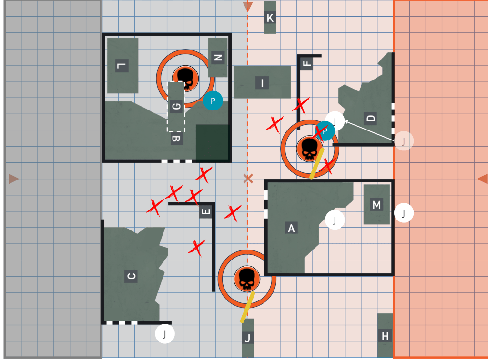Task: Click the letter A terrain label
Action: tap(291, 228)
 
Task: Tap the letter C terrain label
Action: tap(131, 276)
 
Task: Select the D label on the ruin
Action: tap(370, 119)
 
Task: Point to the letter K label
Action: tap(270, 18)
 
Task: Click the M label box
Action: tap(376, 205)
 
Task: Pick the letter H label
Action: tap(385, 336)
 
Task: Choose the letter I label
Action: tap(262, 83)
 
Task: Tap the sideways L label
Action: tap(122, 66)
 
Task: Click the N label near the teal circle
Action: tap(218, 58)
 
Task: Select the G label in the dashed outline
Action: tap(176, 106)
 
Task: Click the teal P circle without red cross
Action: tap(213, 101)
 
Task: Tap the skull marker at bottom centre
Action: tap(247, 279)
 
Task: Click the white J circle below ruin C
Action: tap(164, 334)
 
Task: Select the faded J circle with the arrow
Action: tap(404, 141)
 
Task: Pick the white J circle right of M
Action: tap(404, 213)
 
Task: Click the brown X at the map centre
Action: tap(248, 179)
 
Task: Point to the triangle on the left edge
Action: tap(13, 179)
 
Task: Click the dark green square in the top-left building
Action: tap(212, 142)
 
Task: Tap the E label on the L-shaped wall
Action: tap(205, 212)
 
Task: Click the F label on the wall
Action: tap(307, 63)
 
